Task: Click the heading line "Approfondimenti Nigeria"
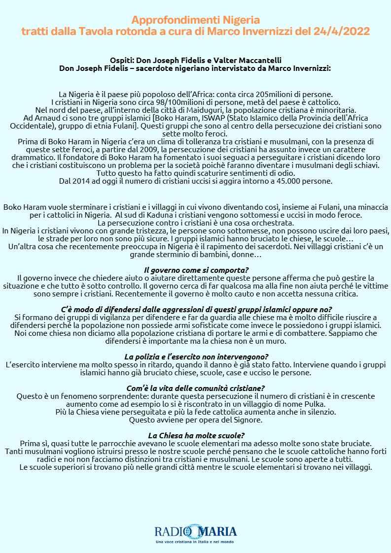[x=195, y=20]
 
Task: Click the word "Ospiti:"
[x=124, y=60]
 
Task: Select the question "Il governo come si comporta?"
[x=196, y=270]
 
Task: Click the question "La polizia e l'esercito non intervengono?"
[x=196, y=357]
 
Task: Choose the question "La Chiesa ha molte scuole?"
[x=196, y=435]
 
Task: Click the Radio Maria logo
[x=196, y=532]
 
